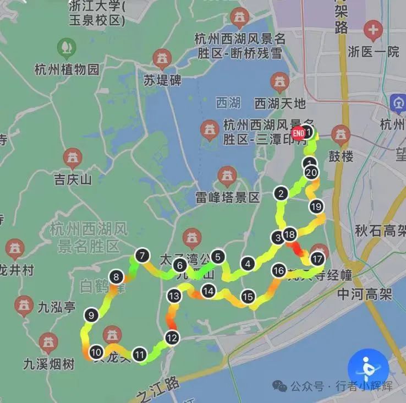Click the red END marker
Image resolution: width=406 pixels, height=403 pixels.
pos(299,133)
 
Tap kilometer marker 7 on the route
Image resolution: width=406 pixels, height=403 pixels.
pos(142,255)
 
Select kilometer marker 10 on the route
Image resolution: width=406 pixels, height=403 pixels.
pos(96,352)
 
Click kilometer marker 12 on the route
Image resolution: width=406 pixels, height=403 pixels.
pos(172,337)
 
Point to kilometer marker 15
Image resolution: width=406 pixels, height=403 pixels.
pos(248,297)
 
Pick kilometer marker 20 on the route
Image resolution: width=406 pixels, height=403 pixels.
pos(311,172)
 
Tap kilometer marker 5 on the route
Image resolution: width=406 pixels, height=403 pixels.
pos(218,257)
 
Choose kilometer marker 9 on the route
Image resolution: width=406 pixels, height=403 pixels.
pos(91,315)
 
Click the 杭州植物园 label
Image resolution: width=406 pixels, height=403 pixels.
pos(67,69)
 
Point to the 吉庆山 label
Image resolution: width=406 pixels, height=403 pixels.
pos(73,179)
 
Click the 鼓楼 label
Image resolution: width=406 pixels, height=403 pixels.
pos(341,156)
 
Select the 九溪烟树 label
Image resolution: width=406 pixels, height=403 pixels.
pos(49,363)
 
